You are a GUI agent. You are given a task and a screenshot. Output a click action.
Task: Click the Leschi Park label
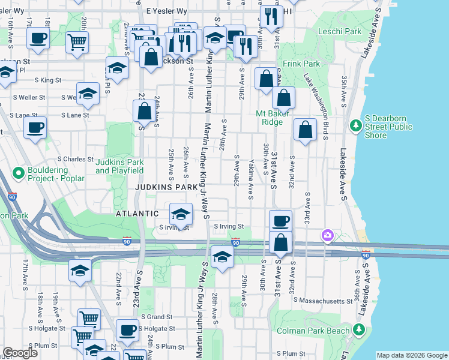345,31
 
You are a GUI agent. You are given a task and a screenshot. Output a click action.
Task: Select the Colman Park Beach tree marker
359,329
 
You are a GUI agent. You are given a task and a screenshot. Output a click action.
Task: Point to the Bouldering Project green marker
18,173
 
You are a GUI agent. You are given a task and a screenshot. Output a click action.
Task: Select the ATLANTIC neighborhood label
138,214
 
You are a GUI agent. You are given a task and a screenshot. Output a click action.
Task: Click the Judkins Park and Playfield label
119,166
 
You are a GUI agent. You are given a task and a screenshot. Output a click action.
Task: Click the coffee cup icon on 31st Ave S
280,220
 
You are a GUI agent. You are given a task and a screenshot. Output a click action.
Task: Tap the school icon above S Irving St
181,214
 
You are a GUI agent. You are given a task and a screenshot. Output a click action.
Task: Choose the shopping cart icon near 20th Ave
77,42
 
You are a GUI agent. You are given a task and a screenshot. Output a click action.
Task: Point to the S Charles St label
75,160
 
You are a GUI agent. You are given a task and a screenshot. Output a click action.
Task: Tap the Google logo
20,353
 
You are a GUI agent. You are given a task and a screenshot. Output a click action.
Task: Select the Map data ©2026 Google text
411,355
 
